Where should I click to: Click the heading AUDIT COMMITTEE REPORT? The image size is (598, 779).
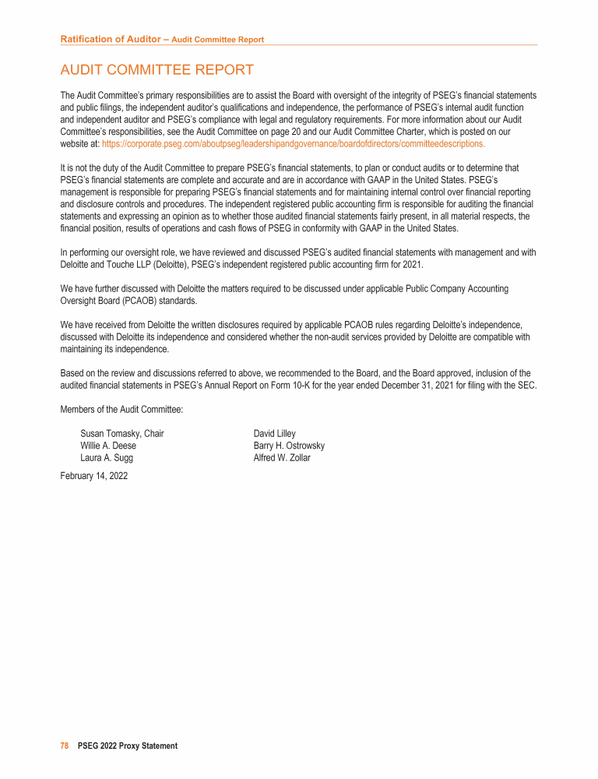click(x=157, y=70)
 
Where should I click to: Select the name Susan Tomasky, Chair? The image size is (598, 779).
click(x=122, y=434)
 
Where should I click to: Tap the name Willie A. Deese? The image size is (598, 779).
click(x=108, y=446)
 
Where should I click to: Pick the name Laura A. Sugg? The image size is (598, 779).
click(x=107, y=458)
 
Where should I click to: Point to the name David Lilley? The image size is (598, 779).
click(x=275, y=434)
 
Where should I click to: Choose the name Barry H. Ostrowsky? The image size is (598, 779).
click(x=289, y=446)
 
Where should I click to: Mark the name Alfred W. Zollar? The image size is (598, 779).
click(x=282, y=458)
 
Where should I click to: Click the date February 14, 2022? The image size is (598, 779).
click(x=93, y=476)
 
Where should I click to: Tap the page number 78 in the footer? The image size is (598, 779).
click(x=65, y=746)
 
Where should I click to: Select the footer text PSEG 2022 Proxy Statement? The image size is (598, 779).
click(x=128, y=746)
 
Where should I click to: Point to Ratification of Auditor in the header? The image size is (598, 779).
click(x=109, y=39)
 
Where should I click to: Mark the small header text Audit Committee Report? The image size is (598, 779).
click(x=217, y=40)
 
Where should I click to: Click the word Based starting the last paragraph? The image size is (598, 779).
click(x=72, y=372)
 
